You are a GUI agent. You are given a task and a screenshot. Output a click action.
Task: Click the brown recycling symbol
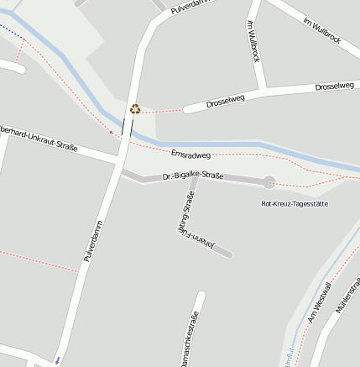[135, 108]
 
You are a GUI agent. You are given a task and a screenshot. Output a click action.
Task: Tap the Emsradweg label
[190, 155]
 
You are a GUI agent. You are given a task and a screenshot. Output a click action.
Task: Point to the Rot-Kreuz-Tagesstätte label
[295, 204]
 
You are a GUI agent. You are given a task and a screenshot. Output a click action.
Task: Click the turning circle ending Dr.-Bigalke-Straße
[269, 181]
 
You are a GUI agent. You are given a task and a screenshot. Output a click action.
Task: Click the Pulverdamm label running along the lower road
[93, 241]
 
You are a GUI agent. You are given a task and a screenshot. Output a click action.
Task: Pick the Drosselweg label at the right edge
[337, 87]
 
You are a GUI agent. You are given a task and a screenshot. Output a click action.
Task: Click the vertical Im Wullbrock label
[253, 42]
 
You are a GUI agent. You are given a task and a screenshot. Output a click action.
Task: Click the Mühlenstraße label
[347, 298]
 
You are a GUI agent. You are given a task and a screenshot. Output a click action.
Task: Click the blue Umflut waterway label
[290, 356]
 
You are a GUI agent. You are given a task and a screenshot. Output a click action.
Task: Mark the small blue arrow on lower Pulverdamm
[57, 359]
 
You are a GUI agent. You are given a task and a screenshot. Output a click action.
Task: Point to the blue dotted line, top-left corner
[10, 31]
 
